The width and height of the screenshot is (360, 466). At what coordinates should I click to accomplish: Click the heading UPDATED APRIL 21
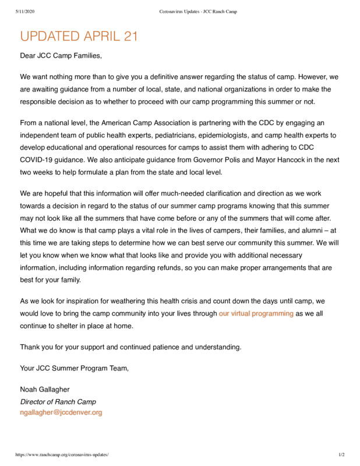[79, 36]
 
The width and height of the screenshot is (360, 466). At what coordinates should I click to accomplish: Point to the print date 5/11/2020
[24, 12]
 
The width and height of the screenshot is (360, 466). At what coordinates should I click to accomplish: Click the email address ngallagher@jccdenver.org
[61, 412]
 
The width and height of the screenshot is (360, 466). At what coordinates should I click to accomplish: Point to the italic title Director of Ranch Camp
[58, 401]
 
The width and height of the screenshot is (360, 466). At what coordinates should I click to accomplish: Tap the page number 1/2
[341, 454]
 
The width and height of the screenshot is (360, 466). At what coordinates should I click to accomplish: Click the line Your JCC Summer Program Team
[74, 368]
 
